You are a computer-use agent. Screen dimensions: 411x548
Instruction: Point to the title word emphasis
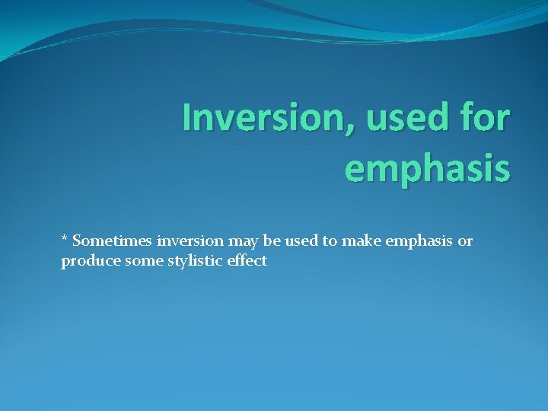[427, 167]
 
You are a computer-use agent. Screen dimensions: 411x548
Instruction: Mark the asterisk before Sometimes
[65, 240]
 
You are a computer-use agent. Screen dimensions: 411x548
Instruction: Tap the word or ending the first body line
[465, 242]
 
